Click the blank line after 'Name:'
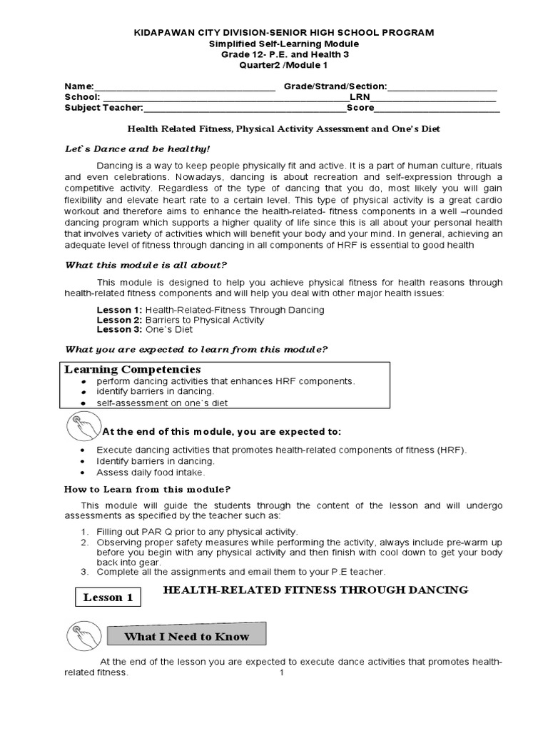click(185, 89)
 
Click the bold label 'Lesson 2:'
click(119, 320)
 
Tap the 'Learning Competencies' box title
click(133, 369)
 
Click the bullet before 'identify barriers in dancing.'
click(84, 393)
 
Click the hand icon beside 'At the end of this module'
click(81, 427)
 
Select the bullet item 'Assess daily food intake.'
click(151, 473)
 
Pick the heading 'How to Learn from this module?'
click(148, 489)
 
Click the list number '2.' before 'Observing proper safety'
click(84, 542)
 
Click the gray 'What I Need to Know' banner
click(187, 636)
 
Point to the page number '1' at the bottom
click(282, 673)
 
